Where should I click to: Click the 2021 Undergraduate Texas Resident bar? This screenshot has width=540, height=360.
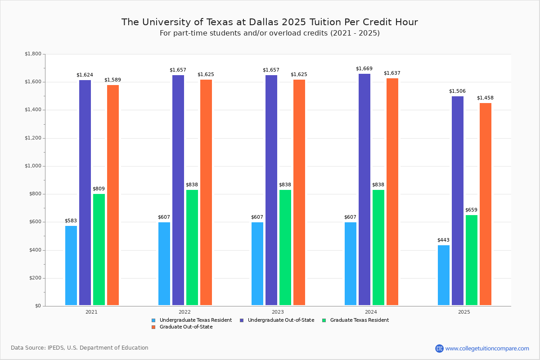71,265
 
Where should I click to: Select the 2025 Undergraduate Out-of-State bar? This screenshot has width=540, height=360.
458,201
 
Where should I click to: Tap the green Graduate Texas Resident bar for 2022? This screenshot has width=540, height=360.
192,247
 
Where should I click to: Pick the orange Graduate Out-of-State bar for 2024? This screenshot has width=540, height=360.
392,192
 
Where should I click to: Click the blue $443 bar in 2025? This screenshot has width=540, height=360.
444,275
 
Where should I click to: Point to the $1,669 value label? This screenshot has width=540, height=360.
364,69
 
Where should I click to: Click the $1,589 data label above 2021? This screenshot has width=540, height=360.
112,80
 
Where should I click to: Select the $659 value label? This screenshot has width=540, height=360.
471,210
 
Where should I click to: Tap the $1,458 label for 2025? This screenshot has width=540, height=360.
485,98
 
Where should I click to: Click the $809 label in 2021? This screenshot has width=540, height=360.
99,189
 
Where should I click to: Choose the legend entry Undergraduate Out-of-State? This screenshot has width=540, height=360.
281,320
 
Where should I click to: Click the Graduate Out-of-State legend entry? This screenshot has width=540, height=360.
186,327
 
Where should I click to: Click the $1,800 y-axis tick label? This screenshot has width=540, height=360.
32,54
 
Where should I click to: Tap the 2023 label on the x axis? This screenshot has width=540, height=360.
278,312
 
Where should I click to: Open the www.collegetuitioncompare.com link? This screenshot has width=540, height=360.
487,348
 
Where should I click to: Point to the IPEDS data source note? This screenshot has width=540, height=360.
80,348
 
